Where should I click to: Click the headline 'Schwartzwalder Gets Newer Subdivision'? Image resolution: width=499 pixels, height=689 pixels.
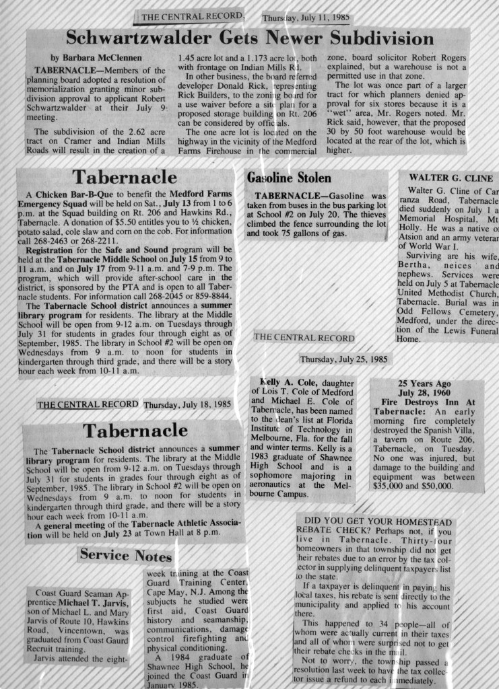coord(249,38)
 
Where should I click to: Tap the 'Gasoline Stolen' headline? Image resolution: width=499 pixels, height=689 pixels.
coord(289,178)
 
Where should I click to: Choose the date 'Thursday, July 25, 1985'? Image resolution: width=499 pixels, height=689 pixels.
coord(344,359)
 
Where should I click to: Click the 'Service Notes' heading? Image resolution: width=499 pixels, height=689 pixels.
coord(126,555)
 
